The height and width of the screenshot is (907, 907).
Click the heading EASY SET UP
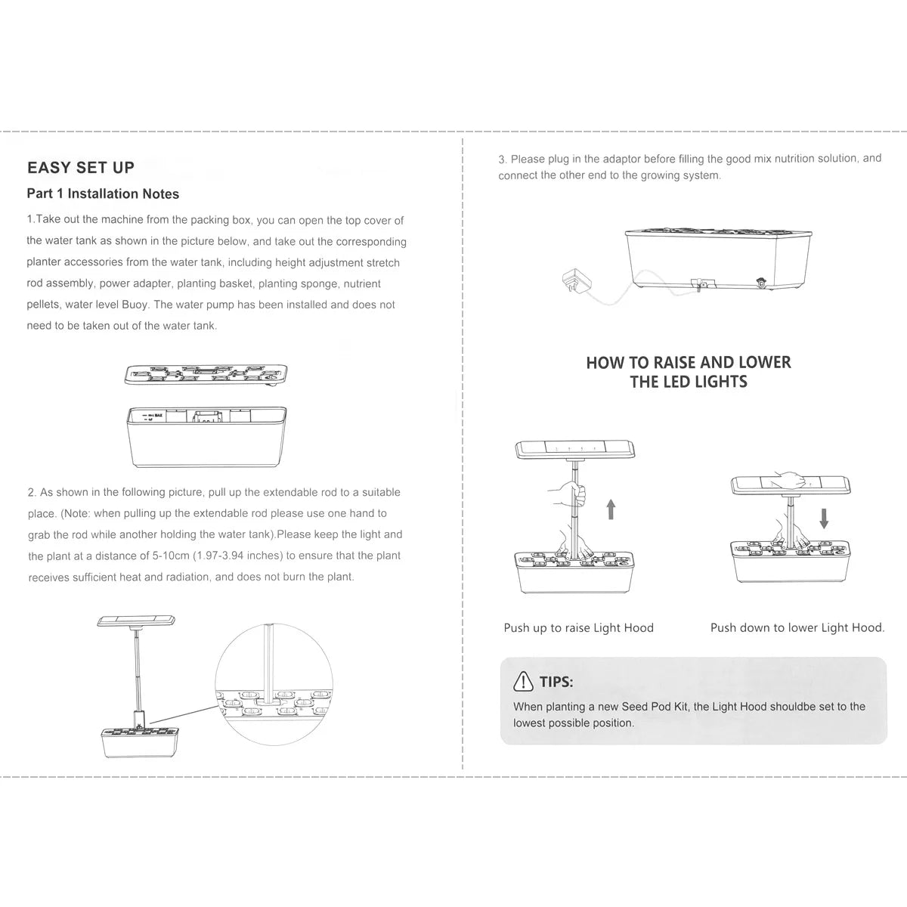click(81, 168)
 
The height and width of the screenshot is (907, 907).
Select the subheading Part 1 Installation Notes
click(103, 194)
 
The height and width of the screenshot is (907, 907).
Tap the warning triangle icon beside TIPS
click(523, 682)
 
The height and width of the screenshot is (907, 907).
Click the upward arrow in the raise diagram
click(611, 509)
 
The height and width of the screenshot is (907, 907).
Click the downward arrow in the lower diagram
click(824, 518)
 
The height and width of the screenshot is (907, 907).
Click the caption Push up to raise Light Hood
click(578, 627)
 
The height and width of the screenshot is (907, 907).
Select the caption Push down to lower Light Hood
click(797, 627)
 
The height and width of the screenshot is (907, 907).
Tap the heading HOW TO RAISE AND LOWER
click(688, 363)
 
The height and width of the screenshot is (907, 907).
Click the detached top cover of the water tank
click(206, 374)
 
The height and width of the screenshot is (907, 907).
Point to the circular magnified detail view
click(274, 684)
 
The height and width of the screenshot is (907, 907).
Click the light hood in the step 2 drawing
click(136, 621)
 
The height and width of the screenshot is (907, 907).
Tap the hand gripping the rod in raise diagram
click(568, 494)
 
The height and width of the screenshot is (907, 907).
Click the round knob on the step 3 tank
click(760, 283)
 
